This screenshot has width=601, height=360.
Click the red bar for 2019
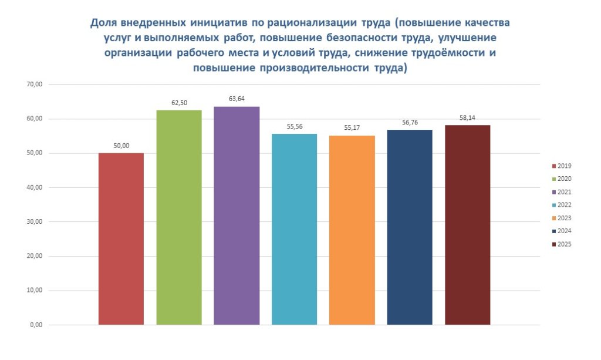point(121,238)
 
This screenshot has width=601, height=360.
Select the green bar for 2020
point(178,217)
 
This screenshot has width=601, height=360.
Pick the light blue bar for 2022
point(294,229)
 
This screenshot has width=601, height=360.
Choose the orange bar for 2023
point(352,230)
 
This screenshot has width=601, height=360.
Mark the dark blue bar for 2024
point(410,227)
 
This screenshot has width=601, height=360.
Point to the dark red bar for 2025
point(467,225)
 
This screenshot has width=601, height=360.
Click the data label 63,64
point(237,99)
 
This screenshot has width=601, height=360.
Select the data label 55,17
point(352,127)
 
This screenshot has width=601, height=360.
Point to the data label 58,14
point(468,117)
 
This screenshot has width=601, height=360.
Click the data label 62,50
point(179,103)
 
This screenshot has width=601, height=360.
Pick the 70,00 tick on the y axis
point(35,85)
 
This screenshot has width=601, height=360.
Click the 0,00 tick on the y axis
point(36,325)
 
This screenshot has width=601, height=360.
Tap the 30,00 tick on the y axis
point(35,222)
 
